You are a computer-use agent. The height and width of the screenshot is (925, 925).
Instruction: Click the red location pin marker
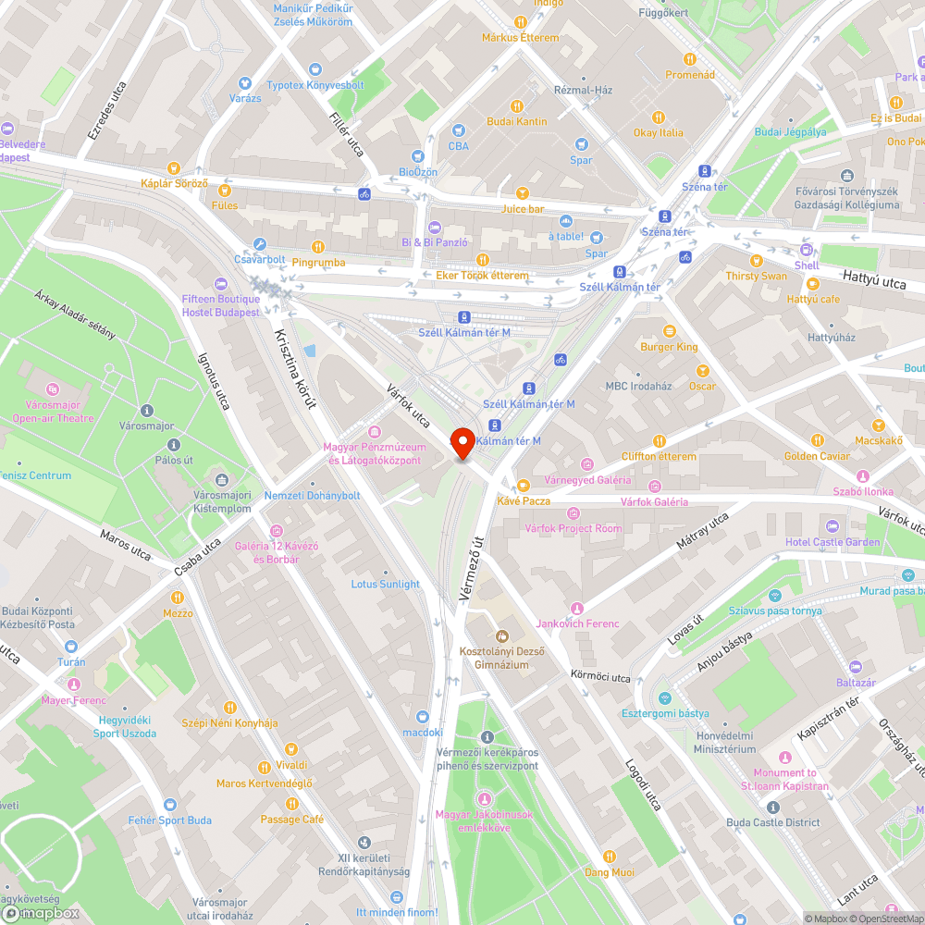click(x=462, y=441)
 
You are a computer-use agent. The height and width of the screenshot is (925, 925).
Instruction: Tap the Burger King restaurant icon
click(x=670, y=330)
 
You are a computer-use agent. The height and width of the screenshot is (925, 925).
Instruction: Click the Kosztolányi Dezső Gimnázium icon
click(x=502, y=635)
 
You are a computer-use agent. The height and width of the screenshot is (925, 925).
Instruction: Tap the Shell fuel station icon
click(x=807, y=250)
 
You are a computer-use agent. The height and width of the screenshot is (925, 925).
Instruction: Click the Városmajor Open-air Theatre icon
click(x=53, y=389)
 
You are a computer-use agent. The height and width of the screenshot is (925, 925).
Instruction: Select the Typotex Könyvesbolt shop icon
click(x=314, y=69)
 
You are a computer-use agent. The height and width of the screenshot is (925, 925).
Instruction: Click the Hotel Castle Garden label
click(x=832, y=541)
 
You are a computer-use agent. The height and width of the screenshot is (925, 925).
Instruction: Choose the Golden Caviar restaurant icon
click(x=817, y=440)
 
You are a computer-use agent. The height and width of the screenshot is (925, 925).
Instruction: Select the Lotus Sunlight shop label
click(x=385, y=584)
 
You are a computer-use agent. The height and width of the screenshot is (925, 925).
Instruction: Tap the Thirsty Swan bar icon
click(x=757, y=260)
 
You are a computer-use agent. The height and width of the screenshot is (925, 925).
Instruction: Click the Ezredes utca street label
click(x=106, y=111)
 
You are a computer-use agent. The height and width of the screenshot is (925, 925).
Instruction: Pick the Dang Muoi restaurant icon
click(x=609, y=856)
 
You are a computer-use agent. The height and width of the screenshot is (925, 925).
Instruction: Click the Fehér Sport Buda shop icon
click(x=169, y=804)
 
